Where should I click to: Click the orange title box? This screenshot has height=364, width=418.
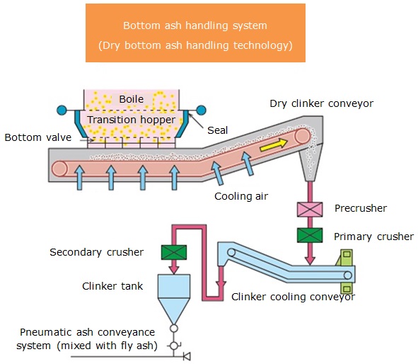[x=195, y=33]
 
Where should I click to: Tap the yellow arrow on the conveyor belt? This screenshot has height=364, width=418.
[x=274, y=144]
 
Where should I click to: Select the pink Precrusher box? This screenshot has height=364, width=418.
[x=310, y=209]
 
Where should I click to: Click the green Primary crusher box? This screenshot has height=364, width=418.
[x=310, y=235]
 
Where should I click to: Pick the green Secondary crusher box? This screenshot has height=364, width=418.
[x=174, y=252]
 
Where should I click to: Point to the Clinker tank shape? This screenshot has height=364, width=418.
[x=174, y=299]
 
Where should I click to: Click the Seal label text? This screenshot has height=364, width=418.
[x=218, y=130]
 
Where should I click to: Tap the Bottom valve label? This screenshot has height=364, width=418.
[x=38, y=137]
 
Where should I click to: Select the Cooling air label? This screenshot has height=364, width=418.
[x=241, y=196]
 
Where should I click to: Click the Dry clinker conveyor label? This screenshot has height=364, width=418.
[x=322, y=103]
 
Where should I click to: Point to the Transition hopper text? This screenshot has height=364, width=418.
[x=131, y=120]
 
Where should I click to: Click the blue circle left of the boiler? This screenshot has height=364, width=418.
[x=62, y=110]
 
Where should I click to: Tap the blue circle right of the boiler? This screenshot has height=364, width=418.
[x=201, y=110]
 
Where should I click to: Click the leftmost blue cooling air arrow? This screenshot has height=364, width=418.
[x=79, y=178]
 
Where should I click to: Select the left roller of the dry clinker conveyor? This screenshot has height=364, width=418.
[x=59, y=169]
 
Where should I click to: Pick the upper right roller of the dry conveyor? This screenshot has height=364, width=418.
[x=303, y=136]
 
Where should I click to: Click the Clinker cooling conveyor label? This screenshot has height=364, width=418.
[x=293, y=297]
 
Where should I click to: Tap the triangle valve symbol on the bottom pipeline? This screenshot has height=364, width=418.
[x=187, y=356]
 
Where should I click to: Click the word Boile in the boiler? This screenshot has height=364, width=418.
[x=131, y=99]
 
